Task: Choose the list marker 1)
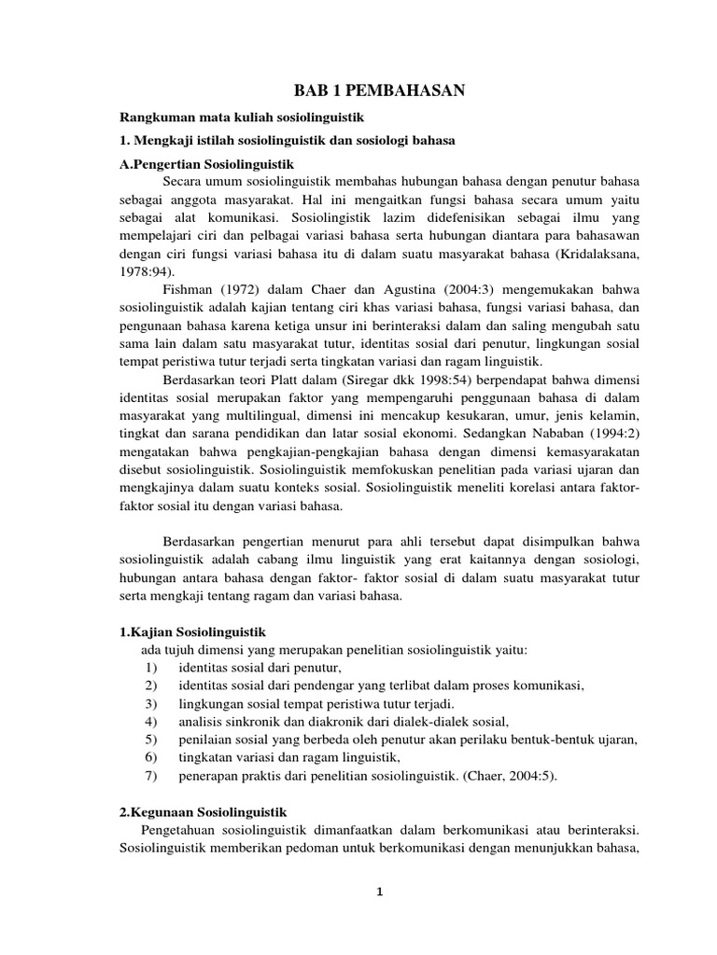[151, 668]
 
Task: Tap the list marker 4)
[151, 722]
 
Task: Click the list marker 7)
[151, 776]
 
